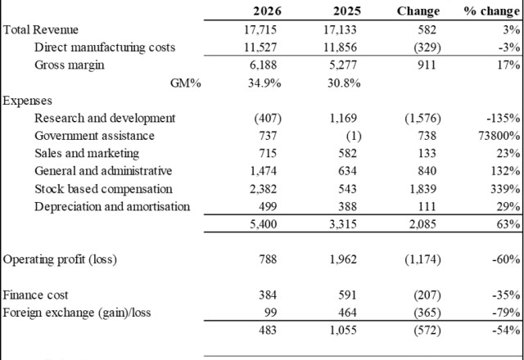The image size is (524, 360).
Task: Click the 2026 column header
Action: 267,11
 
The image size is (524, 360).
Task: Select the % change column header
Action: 492,11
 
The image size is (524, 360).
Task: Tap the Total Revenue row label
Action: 40,29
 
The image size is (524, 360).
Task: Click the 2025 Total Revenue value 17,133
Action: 340,29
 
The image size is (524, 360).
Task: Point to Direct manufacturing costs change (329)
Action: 427,47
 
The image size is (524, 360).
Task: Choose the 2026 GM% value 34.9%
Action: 264,83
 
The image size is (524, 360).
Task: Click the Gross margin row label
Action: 69,65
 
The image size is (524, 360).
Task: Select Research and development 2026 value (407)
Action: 268,118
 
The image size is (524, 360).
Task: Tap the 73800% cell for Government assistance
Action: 499,136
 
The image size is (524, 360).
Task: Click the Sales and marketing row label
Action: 87,153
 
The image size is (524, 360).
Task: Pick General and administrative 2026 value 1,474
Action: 264,171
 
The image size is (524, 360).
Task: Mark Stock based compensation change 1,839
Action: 422,189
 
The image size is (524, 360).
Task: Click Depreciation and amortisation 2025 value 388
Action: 347,207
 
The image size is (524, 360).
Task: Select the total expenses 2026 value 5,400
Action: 264,224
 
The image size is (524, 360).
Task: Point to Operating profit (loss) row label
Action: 60,259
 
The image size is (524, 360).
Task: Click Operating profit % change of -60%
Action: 506,259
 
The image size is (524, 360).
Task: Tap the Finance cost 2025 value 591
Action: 347,295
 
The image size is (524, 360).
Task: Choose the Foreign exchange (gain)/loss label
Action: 77,313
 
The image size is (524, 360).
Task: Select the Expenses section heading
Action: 27,101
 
